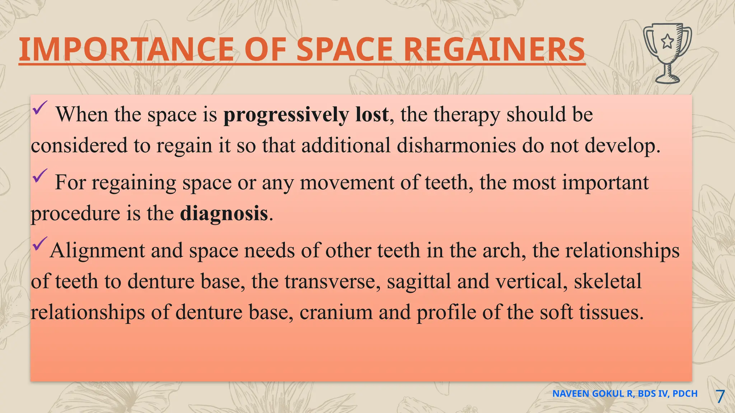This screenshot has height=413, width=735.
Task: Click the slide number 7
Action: click(720, 397)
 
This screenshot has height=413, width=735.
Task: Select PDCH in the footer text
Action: click(685, 394)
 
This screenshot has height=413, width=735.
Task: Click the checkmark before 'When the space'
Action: click(39, 108)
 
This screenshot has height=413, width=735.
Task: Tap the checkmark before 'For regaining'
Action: click(39, 176)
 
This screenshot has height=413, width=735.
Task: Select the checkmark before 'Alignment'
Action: click(39, 244)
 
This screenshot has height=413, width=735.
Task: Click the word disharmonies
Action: click(456, 146)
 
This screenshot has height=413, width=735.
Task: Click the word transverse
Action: click(332, 281)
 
